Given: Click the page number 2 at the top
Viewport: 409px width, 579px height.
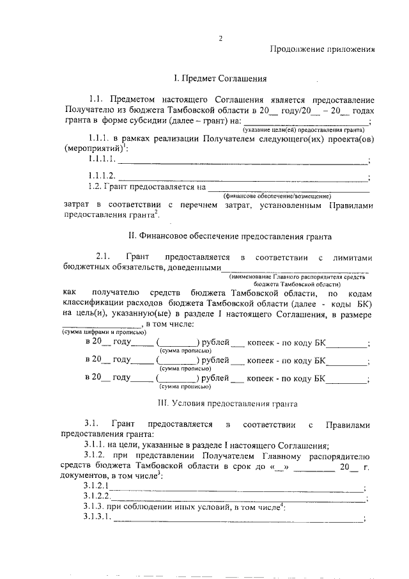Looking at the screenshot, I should click(220, 38).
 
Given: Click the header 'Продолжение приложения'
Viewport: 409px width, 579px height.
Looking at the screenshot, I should click(321, 49).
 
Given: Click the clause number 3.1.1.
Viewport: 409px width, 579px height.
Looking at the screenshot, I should click(96, 445).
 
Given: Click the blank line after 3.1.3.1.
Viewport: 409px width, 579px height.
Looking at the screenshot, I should click(238, 520).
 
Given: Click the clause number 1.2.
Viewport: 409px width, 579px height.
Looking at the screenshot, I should click(96, 187).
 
